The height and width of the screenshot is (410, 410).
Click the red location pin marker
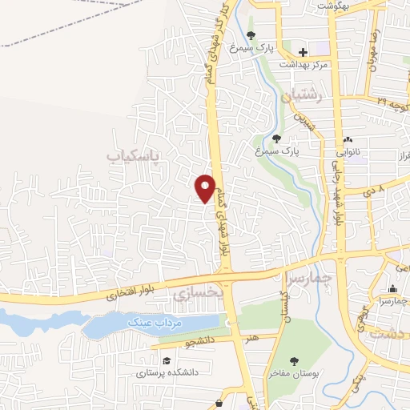pos(206,187)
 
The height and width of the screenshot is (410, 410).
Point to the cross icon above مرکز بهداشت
pos(303,52)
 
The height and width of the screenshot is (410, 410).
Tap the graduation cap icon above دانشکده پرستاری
pos(166,361)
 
